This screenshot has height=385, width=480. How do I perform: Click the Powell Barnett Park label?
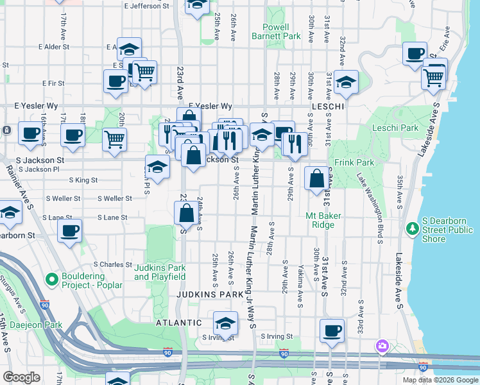(x=282, y=32)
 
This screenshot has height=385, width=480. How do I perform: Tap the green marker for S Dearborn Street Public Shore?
(x=412, y=228)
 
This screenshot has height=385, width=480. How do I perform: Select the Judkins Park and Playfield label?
(x=160, y=271)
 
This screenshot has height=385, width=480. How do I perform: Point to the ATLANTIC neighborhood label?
(x=180, y=323)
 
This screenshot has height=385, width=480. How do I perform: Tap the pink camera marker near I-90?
(x=382, y=346)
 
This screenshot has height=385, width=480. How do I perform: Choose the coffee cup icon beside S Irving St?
(x=332, y=330)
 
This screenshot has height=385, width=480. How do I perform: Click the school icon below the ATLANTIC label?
(x=225, y=323)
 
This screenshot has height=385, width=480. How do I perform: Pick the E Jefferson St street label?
(x=150, y=6)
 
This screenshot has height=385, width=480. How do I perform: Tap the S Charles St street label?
(x=112, y=264)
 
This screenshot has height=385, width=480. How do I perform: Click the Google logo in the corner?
(x=21, y=377)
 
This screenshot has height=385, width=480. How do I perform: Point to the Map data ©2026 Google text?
(x=440, y=380)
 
